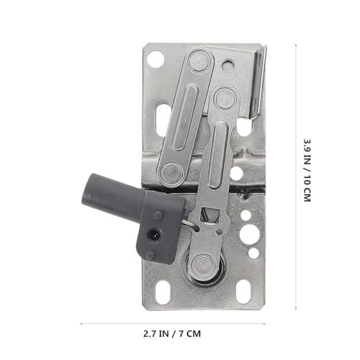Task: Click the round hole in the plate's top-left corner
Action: coord(154,59)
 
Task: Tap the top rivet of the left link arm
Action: coord(198,60)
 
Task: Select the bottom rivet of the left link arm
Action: coord(171,172)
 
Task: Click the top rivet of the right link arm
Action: coord(225,98)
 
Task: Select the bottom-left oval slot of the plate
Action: coord(163,292)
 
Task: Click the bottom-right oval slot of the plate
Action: coord(243,292)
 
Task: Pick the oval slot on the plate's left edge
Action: coord(163,120)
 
